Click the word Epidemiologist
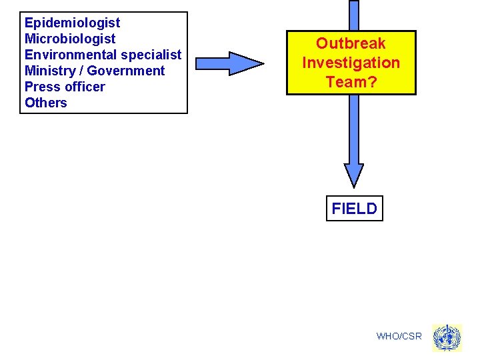point(72,23)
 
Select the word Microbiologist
point(70,39)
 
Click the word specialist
point(151,55)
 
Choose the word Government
point(126,71)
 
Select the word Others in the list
point(46,103)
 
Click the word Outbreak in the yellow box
point(351,44)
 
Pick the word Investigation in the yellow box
point(351,63)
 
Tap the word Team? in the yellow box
point(351,81)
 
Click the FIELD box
point(354,209)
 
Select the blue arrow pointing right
point(229,63)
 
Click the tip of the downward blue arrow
point(354,183)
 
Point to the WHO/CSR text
point(399,336)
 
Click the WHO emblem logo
point(447,338)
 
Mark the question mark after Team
point(371,81)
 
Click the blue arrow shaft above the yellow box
point(354,15)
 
